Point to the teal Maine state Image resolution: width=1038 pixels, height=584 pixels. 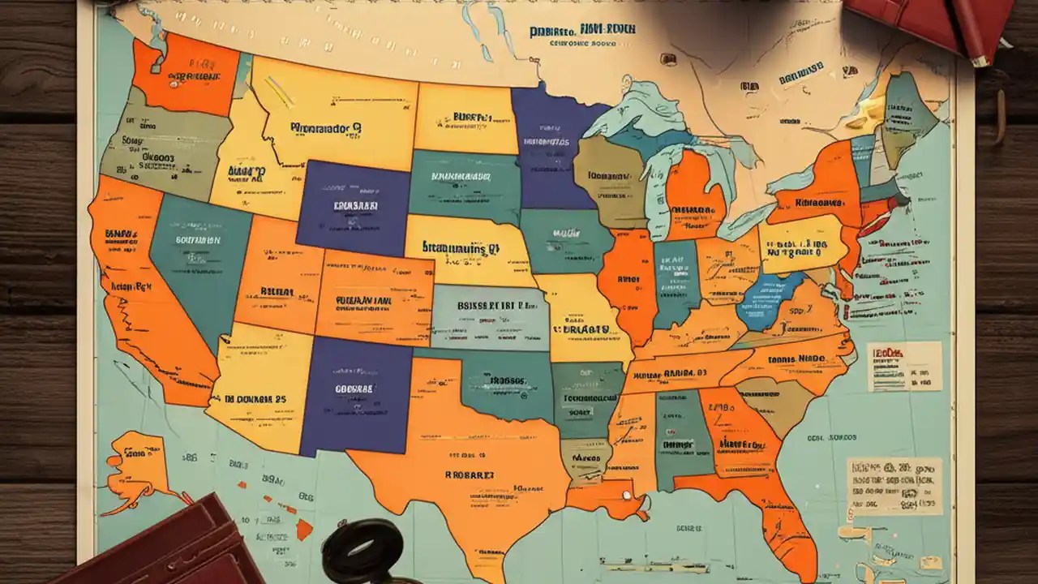pos(908,105)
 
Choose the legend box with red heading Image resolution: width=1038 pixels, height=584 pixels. pos(903,366)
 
